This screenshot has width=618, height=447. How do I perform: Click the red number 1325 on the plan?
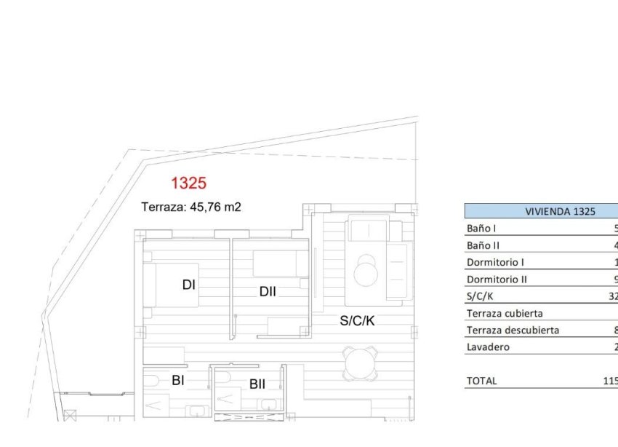[189, 183]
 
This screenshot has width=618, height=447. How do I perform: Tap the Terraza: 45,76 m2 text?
[190, 207]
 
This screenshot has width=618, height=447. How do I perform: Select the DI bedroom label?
[189, 285]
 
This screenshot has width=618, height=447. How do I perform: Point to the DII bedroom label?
[268, 292]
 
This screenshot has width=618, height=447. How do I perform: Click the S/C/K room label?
[357, 320]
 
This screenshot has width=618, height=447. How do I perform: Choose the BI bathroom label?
[178, 380]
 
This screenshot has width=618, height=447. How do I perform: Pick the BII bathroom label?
[257, 384]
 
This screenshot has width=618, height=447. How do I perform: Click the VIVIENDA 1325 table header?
[560, 211]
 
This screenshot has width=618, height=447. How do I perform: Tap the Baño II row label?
[484, 246]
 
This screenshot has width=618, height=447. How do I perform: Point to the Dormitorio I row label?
[495, 262]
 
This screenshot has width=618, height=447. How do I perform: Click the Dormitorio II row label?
[497, 280]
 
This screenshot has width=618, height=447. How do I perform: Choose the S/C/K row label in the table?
[479, 296]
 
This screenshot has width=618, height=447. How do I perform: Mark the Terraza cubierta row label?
[505, 314]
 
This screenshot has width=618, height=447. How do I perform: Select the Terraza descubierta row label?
[513, 331]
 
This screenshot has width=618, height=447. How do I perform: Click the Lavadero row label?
[488, 347]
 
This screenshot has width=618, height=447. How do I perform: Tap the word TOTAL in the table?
[481, 381]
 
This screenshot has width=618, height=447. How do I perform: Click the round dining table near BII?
[361, 363]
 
